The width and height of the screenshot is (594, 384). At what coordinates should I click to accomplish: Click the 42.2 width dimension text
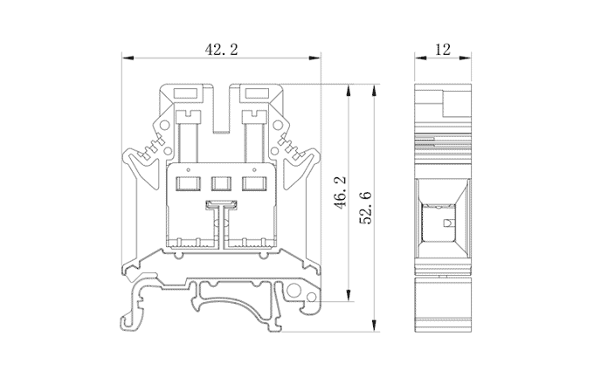point(221,50)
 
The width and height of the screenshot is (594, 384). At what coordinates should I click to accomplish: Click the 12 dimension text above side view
point(442,50)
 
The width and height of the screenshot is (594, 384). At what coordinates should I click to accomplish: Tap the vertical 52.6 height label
point(367,206)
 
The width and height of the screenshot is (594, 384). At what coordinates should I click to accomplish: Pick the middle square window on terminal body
point(220,183)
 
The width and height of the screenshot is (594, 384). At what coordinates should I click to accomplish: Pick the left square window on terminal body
point(187,183)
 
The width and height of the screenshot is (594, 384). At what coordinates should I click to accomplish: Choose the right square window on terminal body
point(253,183)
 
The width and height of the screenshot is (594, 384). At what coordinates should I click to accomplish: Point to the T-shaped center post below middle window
point(220,209)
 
